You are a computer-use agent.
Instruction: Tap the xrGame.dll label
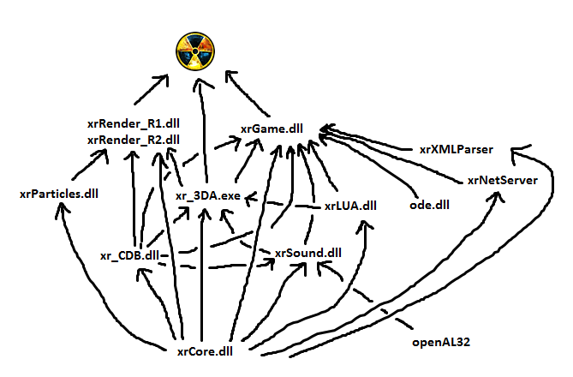coord(271,129)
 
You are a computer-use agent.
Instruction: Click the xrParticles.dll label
coord(59,194)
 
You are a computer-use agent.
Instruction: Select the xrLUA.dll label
coord(350,206)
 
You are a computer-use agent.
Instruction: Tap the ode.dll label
coord(430,205)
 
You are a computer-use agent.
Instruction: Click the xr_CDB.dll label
coord(128,255)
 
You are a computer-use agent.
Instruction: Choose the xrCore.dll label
coord(205,350)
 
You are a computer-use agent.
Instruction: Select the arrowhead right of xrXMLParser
coord(515,153)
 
